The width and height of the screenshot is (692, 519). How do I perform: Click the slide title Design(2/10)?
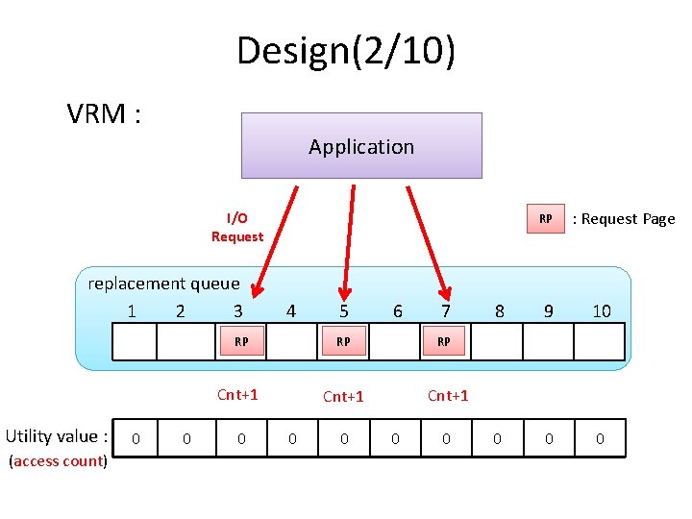pyautogui.click(x=346, y=51)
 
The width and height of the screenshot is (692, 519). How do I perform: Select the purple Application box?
pyautogui.click(x=361, y=146)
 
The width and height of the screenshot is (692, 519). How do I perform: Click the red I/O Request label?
pyautogui.click(x=236, y=228)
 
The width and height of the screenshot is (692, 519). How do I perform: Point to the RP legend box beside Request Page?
pyautogui.click(x=545, y=219)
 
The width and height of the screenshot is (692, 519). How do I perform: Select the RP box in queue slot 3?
pyautogui.click(x=242, y=341)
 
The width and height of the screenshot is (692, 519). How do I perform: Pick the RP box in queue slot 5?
pyautogui.click(x=343, y=341)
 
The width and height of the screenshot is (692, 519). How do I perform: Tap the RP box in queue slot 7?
pyautogui.click(x=444, y=341)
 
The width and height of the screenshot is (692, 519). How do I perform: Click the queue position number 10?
pyautogui.click(x=602, y=311)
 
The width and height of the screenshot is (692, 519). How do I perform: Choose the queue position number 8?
pyautogui.click(x=499, y=311)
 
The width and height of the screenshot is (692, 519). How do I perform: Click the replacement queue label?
pyautogui.click(x=163, y=284)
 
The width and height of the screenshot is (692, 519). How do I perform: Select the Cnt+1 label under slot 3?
pyautogui.click(x=237, y=394)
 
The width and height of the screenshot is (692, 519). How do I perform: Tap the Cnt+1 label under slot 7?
pyautogui.click(x=448, y=395)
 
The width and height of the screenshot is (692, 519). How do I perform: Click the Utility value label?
pyautogui.click(x=57, y=436)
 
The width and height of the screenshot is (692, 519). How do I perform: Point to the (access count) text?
pyautogui.click(x=57, y=461)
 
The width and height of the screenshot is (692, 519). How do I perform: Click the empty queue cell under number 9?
pyautogui.click(x=548, y=341)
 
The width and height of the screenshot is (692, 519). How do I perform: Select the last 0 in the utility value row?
pyautogui.click(x=600, y=439)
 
